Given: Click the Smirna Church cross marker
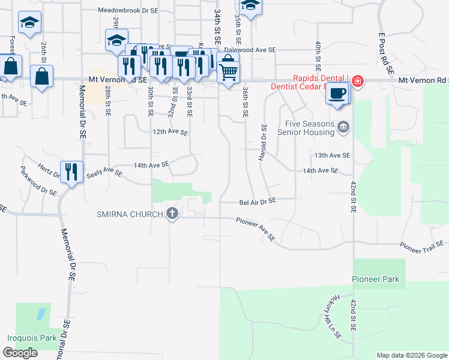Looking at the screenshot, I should pos(172,214).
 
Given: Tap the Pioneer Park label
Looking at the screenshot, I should pos(375,280).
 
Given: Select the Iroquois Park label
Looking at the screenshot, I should pos(31,338).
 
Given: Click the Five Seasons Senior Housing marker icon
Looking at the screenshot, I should pos(343,127).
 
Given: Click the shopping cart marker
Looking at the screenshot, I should pos(228,73).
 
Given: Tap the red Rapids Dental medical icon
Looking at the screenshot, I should pos(357,81).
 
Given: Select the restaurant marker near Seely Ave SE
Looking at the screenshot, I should pos(71,172).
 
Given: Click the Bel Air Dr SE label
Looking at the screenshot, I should pos(258,202).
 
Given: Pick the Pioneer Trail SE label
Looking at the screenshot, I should pos(421,244).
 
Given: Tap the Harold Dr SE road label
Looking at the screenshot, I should pos(262,143).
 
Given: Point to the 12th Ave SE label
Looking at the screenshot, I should pos(170,132).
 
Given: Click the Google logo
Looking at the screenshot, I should pos(20,353).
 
